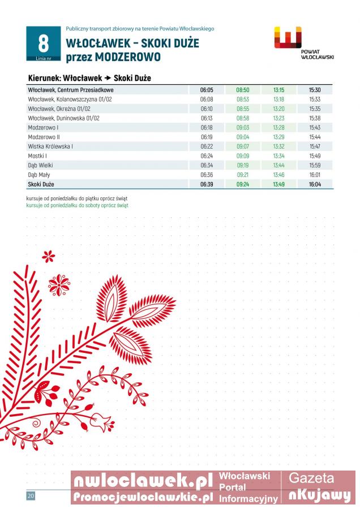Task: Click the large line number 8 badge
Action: pyautogui.click(x=43, y=44)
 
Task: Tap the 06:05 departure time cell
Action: pyautogui.click(x=207, y=90)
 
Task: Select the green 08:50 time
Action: pyautogui.click(x=243, y=90)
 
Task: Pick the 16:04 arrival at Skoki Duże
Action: pyautogui.click(x=315, y=184)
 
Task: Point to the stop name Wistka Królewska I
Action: pyautogui.click(x=50, y=146)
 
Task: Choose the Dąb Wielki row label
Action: pyautogui.click(x=41, y=165)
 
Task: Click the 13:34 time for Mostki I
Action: pyautogui.click(x=278, y=156)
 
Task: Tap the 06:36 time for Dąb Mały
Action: pyautogui.click(x=207, y=175)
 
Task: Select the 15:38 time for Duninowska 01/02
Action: pyautogui.click(x=315, y=118)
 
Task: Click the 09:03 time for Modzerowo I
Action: pyautogui.click(x=243, y=128)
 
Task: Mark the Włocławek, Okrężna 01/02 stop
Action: pyautogui.click(x=59, y=109)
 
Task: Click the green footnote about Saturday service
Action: pyautogui.click(x=77, y=205)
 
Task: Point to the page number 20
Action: pyautogui.click(x=31, y=496)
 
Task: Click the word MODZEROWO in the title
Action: pyautogui.click(x=127, y=57)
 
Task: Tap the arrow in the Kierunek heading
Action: pyautogui.click(x=107, y=78)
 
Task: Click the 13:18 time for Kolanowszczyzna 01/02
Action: pyautogui.click(x=278, y=99)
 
